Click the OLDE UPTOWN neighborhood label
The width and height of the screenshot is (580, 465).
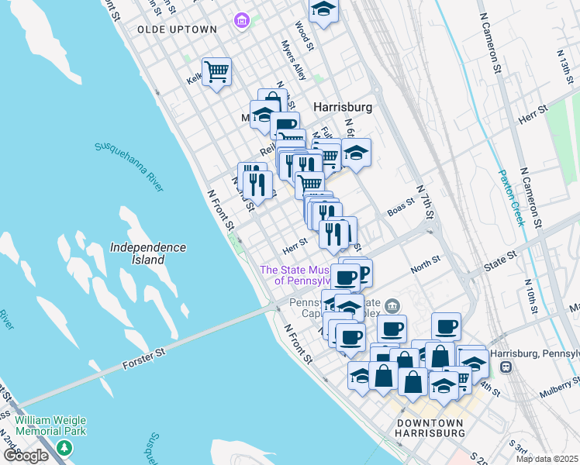(177, 29)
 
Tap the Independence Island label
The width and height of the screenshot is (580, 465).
(147, 253)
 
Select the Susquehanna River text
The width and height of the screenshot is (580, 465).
(129, 166)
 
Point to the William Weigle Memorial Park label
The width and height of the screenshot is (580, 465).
(50, 425)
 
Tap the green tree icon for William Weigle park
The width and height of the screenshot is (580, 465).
(65, 447)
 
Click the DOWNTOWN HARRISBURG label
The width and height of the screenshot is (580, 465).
(430, 428)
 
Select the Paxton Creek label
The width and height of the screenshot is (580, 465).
(513, 198)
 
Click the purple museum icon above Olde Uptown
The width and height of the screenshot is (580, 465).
(242, 19)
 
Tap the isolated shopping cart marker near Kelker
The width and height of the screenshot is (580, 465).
(217, 71)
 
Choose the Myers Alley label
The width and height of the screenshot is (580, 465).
(294, 61)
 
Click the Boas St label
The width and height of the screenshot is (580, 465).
(402, 210)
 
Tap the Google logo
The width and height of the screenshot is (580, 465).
(26, 456)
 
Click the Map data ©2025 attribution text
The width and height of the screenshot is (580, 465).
(547, 459)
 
